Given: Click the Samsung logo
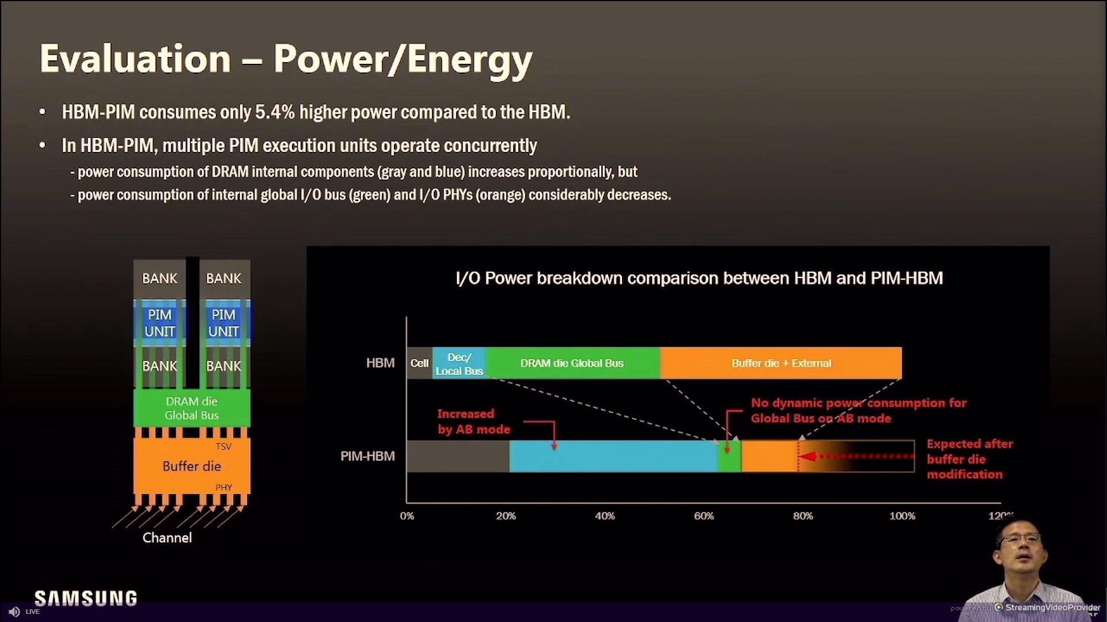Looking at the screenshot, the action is click(86, 598).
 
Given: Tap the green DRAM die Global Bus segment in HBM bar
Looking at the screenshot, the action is click(573, 363).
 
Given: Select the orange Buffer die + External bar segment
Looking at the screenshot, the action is click(781, 363).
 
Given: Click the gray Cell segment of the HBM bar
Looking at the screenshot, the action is click(419, 363).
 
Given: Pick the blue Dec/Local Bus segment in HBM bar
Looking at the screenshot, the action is click(459, 363).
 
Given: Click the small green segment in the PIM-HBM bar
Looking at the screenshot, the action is click(730, 456).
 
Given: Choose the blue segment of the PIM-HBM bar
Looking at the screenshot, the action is click(614, 456).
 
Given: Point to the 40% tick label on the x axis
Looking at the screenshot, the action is click(605, 516).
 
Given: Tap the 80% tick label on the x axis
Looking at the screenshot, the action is click(803, 516).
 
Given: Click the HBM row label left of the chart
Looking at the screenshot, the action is click(380, 363).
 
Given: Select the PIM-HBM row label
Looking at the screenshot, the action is click(367, 456).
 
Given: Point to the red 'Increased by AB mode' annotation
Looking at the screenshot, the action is click(473, 422).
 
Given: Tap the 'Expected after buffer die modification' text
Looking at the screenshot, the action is click(969, 459).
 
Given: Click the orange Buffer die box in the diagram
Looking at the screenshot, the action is click(192, 466).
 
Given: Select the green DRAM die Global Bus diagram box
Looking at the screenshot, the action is click(192, 408).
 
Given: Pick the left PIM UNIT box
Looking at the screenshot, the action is click(160, 323).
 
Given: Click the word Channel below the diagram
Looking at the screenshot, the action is click(167, 538).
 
